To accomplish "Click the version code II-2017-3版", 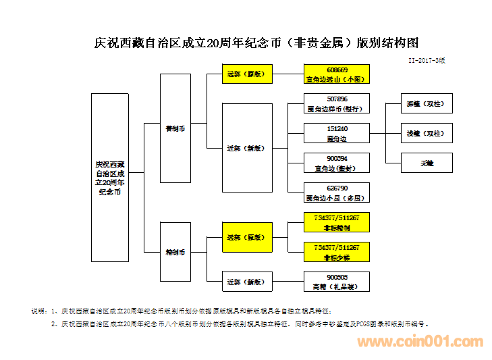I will [x=427, y=60].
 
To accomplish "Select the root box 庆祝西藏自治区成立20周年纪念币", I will [x=110, y=177].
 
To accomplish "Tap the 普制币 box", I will [x=175, y=127].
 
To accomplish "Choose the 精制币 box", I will [x=175, y=252].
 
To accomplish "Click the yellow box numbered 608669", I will [x=337, y=74].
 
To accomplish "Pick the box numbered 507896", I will [x=337, y=103].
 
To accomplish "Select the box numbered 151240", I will [x=337, y=133].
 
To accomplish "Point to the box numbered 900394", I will [x=337, y=163].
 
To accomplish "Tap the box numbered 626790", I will [x=337, y=193].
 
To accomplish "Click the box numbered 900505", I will [x=337, y=281].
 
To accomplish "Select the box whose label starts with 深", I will [x=425, y=104].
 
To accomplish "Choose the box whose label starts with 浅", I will [x=425, y=133].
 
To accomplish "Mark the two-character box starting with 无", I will [x=425, y=163].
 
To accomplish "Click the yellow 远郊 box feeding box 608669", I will [x=247, y=74].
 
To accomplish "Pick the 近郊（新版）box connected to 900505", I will [x=247, y=281].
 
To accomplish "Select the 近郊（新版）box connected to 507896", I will [x=247, y=148].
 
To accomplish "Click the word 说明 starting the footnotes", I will [x=38, y=311].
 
